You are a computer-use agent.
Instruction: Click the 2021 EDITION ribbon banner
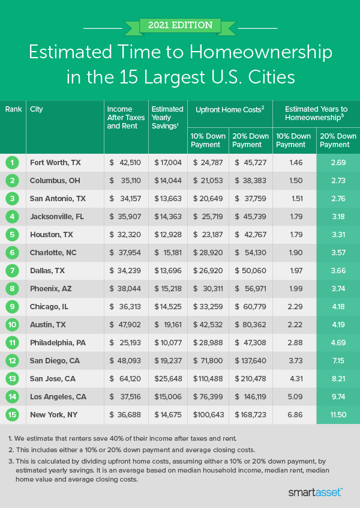point(179,25)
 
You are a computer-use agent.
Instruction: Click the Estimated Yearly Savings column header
point(167,118)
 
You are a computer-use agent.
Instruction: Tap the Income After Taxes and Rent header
point(126,118)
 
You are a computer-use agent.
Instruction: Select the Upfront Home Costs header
point(230,109)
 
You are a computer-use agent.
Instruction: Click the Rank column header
point(13,109)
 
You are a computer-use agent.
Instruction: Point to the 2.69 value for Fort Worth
point(338,162)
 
